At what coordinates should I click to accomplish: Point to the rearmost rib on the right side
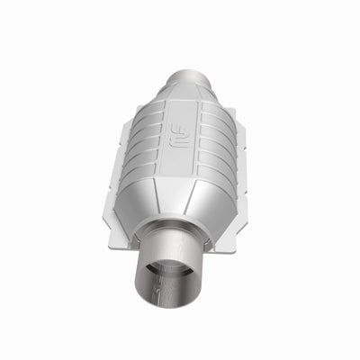[x=219, y=116]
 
